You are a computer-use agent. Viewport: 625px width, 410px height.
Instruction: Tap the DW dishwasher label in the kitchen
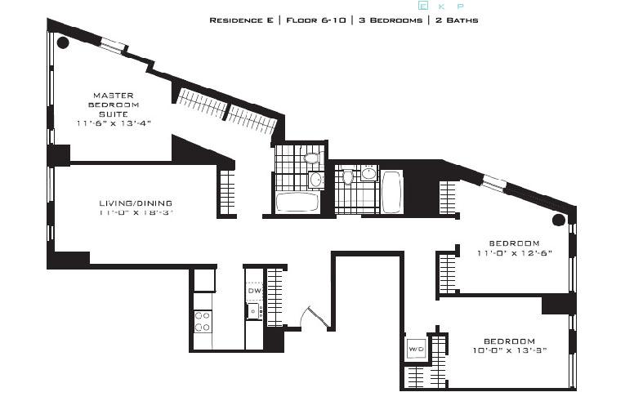(254, 291)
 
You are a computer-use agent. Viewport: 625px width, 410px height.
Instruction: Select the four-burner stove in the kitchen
(203, 321)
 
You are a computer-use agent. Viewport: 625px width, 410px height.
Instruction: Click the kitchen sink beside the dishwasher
(254, 310)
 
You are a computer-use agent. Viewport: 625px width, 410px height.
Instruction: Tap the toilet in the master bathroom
(311, 158)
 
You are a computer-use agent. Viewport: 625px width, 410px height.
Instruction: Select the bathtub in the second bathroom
(392, 191)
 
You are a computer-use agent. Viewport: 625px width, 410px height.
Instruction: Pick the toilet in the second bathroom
(348, 176)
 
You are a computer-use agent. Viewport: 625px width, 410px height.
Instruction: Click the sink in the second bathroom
(368, 173)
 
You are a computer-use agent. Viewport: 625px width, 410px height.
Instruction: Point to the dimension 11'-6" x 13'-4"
(114, 123)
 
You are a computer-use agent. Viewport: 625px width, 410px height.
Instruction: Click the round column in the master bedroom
(62, 43)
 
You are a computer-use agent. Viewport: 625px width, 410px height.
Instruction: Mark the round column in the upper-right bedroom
(559, 220)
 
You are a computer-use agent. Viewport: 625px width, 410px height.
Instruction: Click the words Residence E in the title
(241, 20)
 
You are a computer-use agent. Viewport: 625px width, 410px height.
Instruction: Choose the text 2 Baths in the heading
(456, 20)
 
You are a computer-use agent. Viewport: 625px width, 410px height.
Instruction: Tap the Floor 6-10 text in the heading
(315, 20)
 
